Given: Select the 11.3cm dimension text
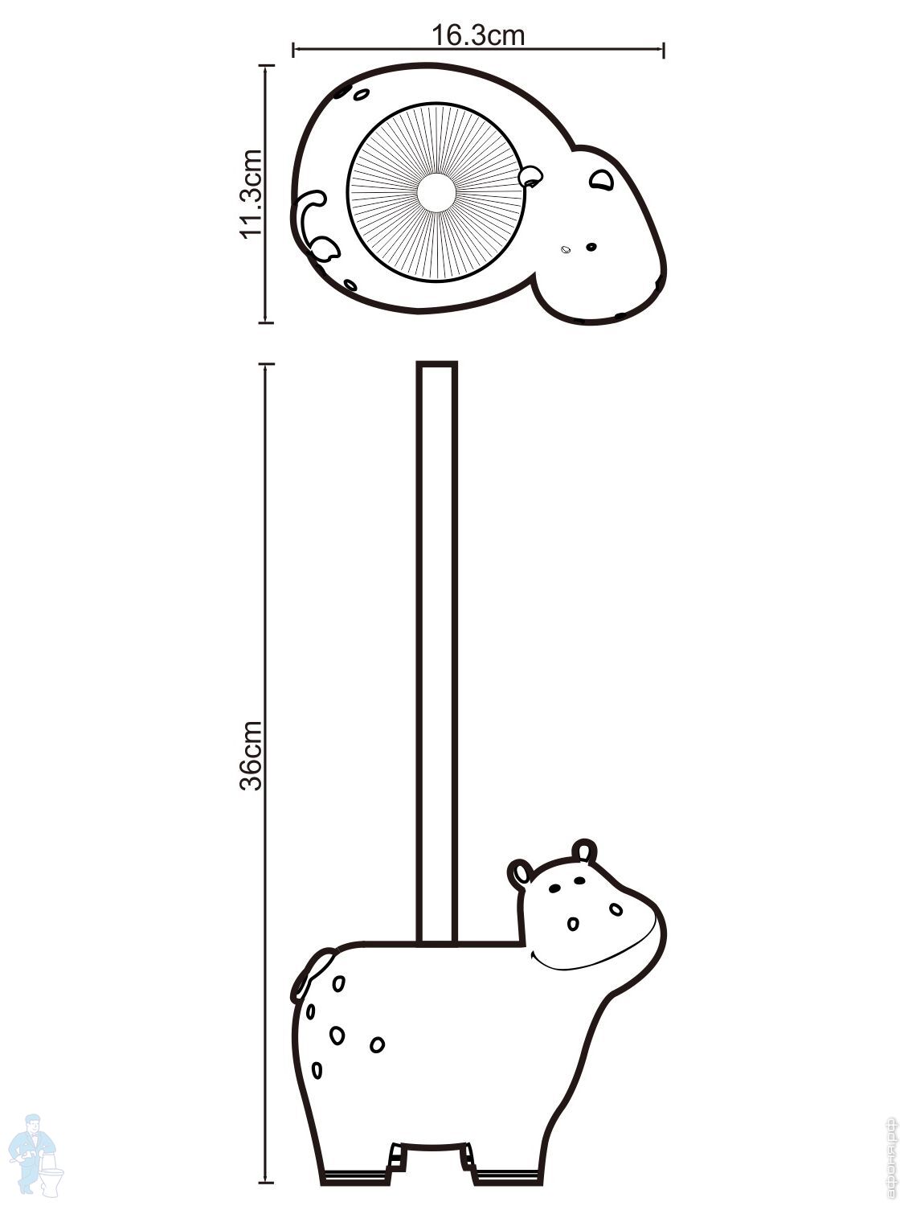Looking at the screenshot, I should pos(252,193).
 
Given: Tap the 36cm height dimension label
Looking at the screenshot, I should pos(252,757).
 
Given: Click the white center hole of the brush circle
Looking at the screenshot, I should pos(437,192).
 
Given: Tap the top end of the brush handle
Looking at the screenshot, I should pos(436,367).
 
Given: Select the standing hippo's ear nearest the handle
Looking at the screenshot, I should pos(519,874).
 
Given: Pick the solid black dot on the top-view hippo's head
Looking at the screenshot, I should pos(591,247).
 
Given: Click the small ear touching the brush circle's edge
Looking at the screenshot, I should pos(530,174).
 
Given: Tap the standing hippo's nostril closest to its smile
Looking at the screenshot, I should pos(572,924).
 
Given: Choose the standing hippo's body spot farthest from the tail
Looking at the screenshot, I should pos(376,1044).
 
